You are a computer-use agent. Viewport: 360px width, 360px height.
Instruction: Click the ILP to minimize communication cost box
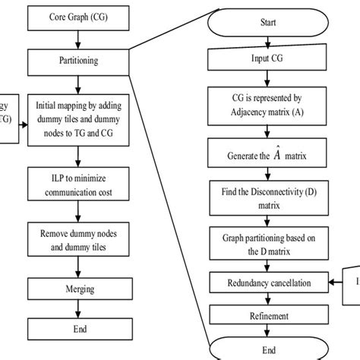(80, 186)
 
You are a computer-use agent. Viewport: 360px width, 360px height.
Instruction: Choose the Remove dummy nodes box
(80, 240)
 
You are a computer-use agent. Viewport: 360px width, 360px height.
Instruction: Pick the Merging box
(80, 289)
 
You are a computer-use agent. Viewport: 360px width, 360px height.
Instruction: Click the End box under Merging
(80, 328)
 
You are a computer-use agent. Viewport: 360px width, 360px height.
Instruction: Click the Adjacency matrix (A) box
(268, 104)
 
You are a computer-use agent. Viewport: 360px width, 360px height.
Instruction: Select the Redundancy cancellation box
(268, 283)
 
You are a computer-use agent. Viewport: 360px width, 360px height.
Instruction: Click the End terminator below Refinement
(268, 350)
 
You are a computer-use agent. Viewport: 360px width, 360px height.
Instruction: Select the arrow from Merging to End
(80, 309)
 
